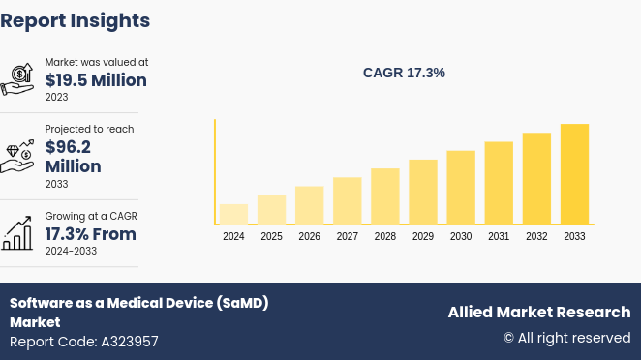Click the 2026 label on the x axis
pos(309,236)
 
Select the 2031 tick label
pos(499,236)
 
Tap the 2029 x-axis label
pos(423,236)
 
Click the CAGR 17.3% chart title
pos(404,73)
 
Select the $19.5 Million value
pos(96,80)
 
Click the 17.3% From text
pos(90,234)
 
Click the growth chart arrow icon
pos(17,232)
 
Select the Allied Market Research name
pos(538,312)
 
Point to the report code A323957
pos(83,342)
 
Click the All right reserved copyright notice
pos(566,338)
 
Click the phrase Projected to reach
pos(89,129)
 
